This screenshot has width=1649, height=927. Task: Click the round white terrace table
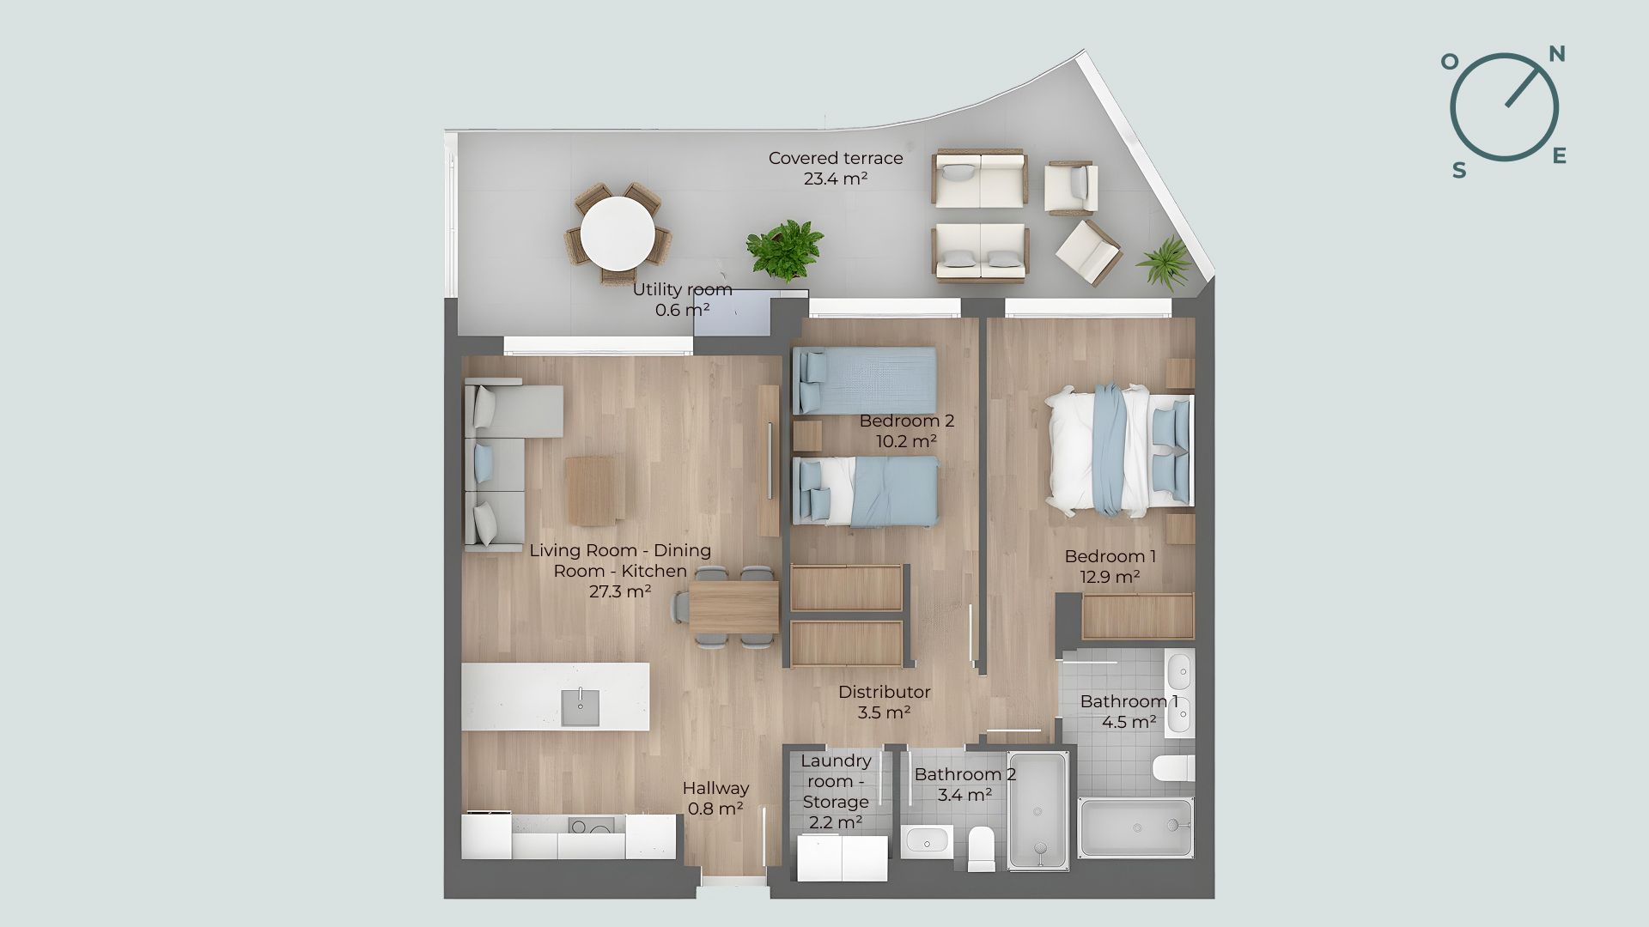pyautogui.click(x=618, y=233)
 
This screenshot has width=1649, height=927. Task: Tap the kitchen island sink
pyautogui.click(x=581, y=707)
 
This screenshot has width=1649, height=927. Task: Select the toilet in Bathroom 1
pyautogui.click(x=1174, y=768)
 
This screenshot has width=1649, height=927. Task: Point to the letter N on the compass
pyautogui.click(x=1556, y=55)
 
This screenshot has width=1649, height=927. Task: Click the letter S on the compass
pyautogui.click(x=1459, y=170)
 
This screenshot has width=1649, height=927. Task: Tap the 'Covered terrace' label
pyautogui.click(x=836, y=158)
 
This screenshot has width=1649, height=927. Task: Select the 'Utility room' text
pyautogui.click(x=683, y=289)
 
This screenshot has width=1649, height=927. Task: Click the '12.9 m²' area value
pyautogui.click(x=1110, y=577)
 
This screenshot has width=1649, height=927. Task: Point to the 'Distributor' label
pyautogui.click(x=885, y=692)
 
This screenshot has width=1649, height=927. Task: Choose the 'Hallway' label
pyautogui.click(x=715, y=788)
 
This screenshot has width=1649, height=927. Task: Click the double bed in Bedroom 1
pyautogui.click(x=1119, y=451)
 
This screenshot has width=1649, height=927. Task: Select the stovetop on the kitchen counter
pyautogui.click(x=592, y=826)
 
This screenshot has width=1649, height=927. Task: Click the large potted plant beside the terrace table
pyautogui.click(x=784, y=251)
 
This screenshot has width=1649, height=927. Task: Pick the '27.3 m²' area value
pyautogui.click(x=620, y=591)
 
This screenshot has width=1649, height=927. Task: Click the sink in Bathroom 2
pyautogui.click(x=927, y=841)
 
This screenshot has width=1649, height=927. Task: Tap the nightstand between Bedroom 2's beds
pyautogui.click(x=806, y=436)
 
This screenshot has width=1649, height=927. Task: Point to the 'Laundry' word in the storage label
pyautogui.click(x=836, y=761)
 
